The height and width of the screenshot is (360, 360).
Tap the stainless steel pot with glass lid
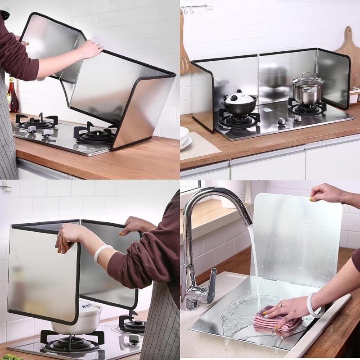(x=307, y=90)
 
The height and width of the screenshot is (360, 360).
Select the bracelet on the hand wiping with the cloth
(x=313, y=306)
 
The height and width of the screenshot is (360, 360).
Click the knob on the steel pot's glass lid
(x=307, y=74)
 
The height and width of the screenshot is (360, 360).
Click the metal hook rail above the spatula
(x=196, y=6)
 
